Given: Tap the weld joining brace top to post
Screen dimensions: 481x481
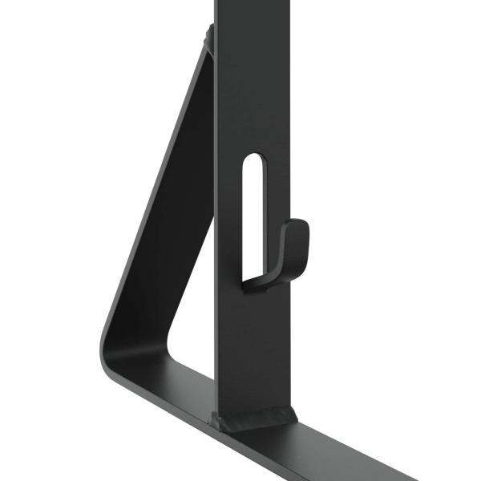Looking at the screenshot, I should click(x=208, y=36).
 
